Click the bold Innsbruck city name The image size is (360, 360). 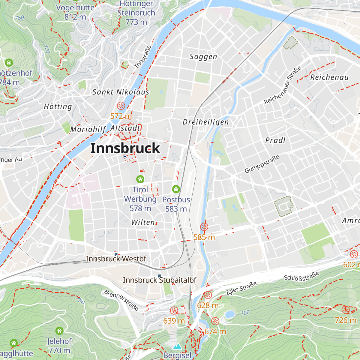click(125, 148)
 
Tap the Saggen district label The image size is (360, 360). click(203, 57)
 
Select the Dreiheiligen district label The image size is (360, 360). click(206, 122)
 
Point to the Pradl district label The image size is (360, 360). click(275, 140)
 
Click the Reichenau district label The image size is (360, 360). click(329, 77)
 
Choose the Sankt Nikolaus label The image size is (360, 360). click(121, 92)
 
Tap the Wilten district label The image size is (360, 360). click(143, 222)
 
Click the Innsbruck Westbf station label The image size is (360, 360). click(116, 259)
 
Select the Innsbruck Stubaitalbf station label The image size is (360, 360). click(160, 280)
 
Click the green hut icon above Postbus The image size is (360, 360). click(176, 189)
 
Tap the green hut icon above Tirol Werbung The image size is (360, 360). click(140, 179)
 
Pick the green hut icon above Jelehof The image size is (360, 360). click(59, 331)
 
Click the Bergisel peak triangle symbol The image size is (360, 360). click(177, 347)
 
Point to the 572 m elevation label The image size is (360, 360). click(121, 116)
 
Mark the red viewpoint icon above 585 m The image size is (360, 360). click(204, 227)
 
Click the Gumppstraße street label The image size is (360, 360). click(262, 164)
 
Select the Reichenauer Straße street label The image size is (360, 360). click(283, 86)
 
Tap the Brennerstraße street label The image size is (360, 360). click(121, 300)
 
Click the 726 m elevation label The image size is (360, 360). click(346, 320)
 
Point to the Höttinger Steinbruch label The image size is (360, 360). click(136, 13)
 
